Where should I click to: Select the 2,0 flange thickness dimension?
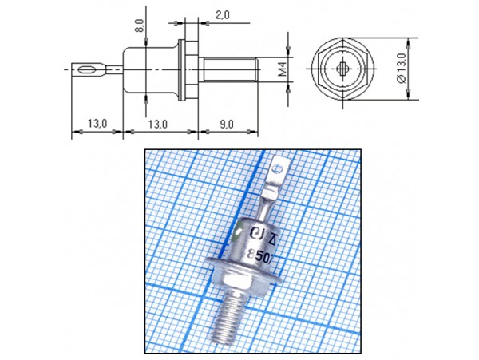[221, 15]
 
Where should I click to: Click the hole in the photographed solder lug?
[277, 169]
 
